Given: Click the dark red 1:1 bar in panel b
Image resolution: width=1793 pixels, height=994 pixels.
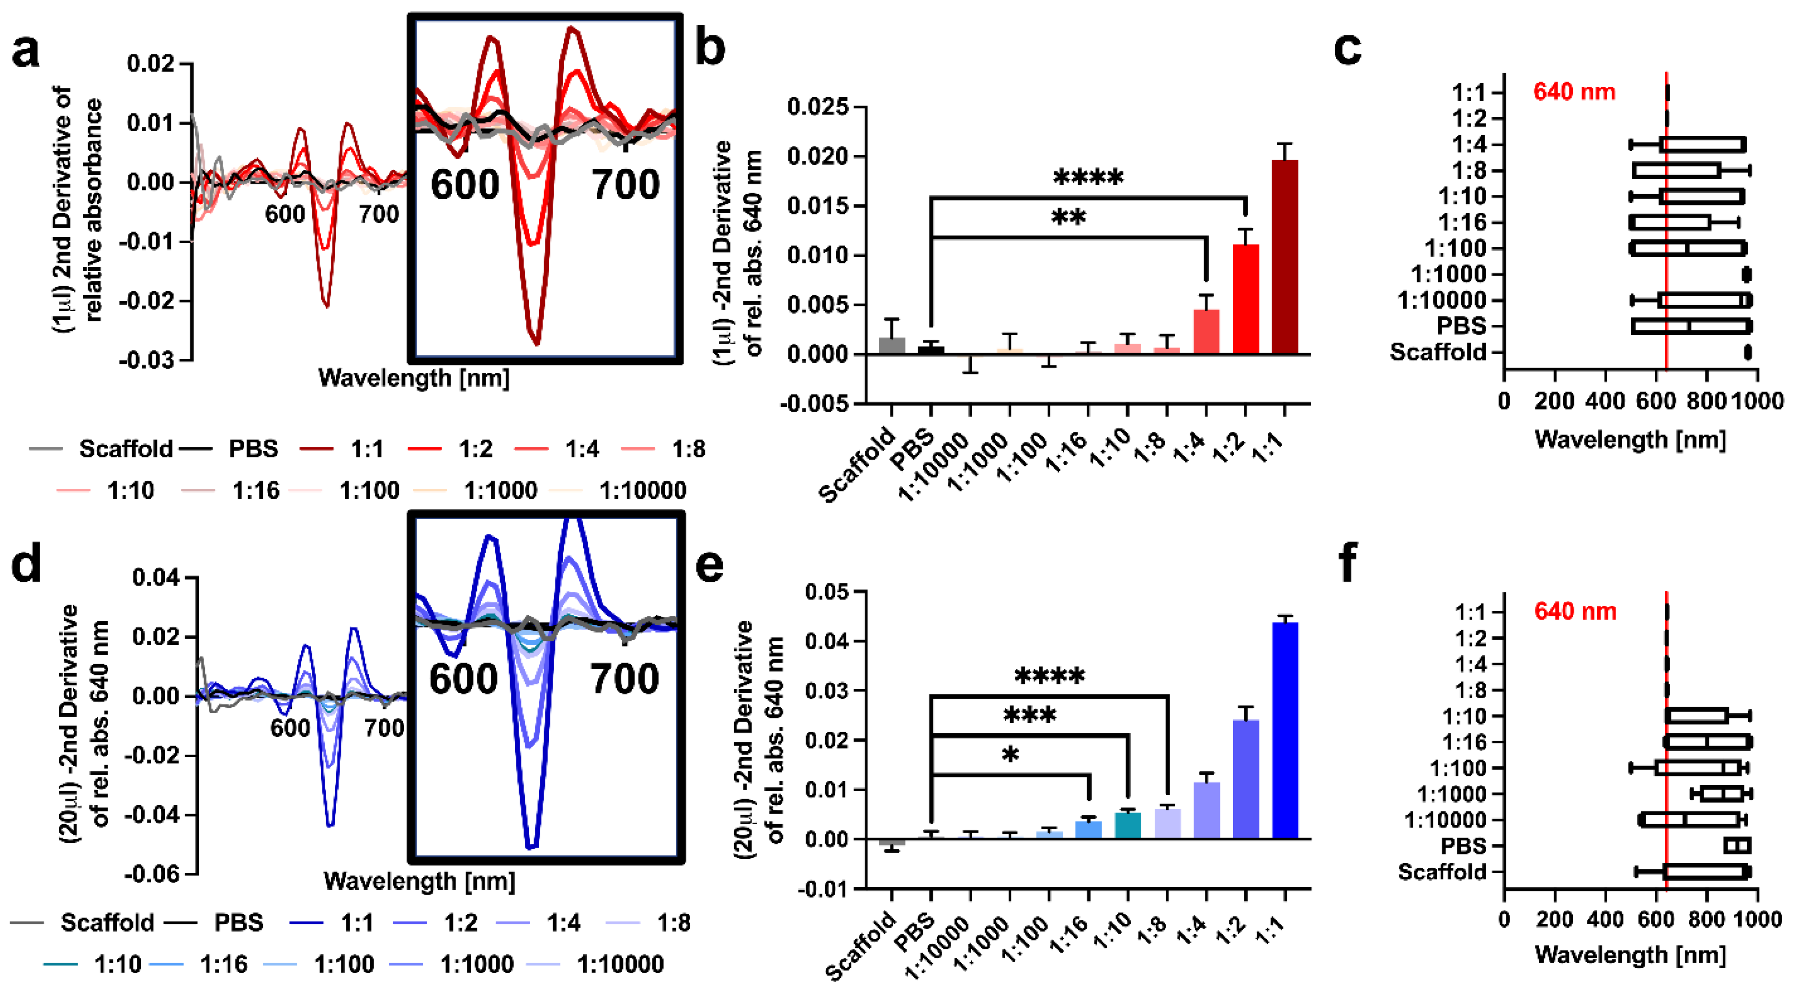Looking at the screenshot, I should pos(1284,258).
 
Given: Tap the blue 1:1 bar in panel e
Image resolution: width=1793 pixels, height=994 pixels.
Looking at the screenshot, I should pos(1284,731).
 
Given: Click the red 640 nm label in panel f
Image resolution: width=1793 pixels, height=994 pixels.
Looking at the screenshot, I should pos(1575,611).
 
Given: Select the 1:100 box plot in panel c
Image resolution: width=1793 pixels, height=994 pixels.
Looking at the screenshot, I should pos(1688,248).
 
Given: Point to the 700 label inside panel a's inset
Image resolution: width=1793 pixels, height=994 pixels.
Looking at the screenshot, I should pos(625,185).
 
